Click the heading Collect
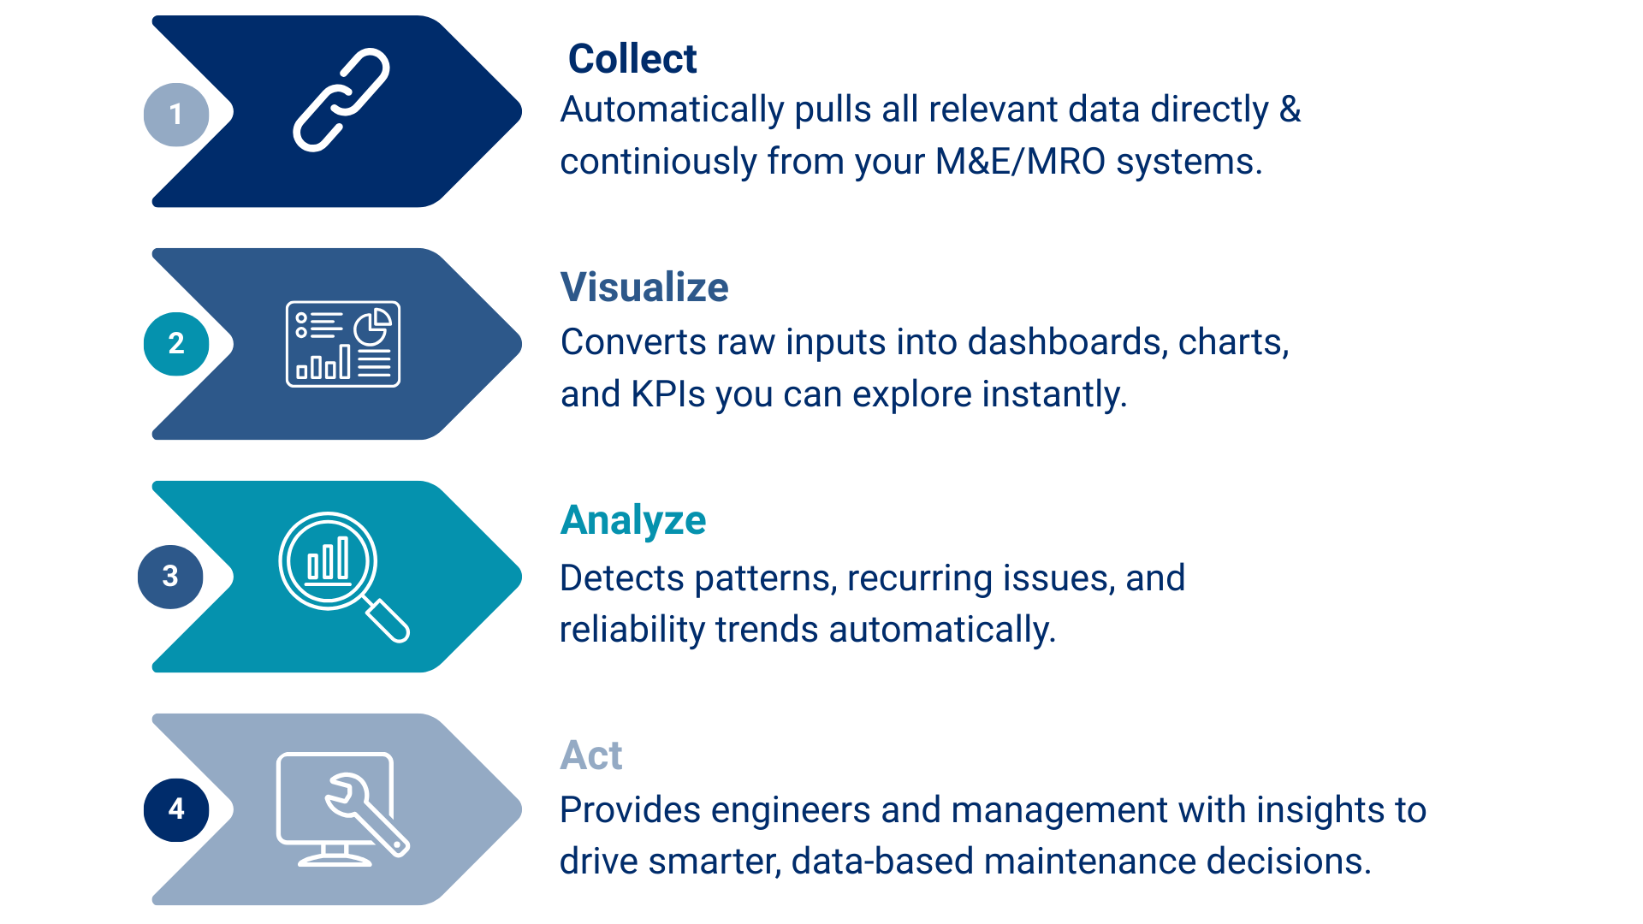click(x=632, y=59)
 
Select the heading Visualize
click(x=644, y=287)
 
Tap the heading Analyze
click(x=633, y=520)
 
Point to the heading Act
click(x=591, y=755)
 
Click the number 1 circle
click(x=176, y=115)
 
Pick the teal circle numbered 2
click(x=176, y=344)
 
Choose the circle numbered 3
click(x=170, y=577)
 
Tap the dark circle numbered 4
click(x=176, y=809)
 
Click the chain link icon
click(x=341, y=100)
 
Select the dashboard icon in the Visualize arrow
click(x=343, y=344)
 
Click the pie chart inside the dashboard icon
click(x=373, y=326)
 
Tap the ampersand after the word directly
click(x=1290, y=110)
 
